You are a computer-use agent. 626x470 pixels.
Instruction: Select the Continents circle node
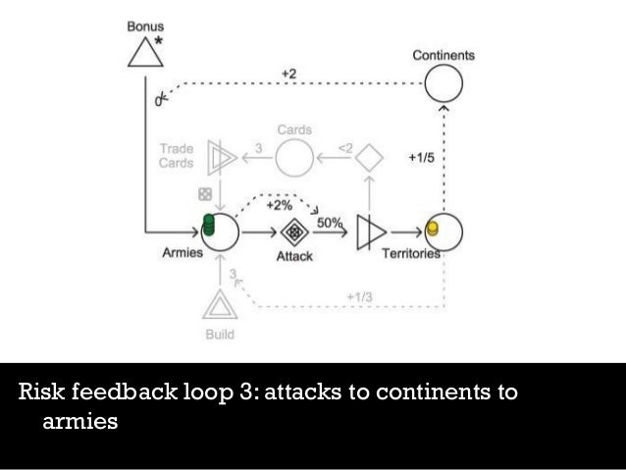coord(443,82)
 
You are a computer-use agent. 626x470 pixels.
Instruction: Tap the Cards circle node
coord(293,156)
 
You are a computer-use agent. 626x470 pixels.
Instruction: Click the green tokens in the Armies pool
coord(208,227)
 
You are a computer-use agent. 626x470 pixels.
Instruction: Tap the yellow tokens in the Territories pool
coord(431,230)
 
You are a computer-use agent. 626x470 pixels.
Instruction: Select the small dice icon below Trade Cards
coord(206,192)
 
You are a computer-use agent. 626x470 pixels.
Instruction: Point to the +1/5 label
coord(419,156)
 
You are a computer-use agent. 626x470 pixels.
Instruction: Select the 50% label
coord(330,223)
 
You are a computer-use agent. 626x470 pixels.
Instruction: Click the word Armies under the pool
coord(182,252)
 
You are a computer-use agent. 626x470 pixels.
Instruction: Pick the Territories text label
coord(411,253)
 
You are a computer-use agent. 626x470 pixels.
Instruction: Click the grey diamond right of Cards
coord(368,156)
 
